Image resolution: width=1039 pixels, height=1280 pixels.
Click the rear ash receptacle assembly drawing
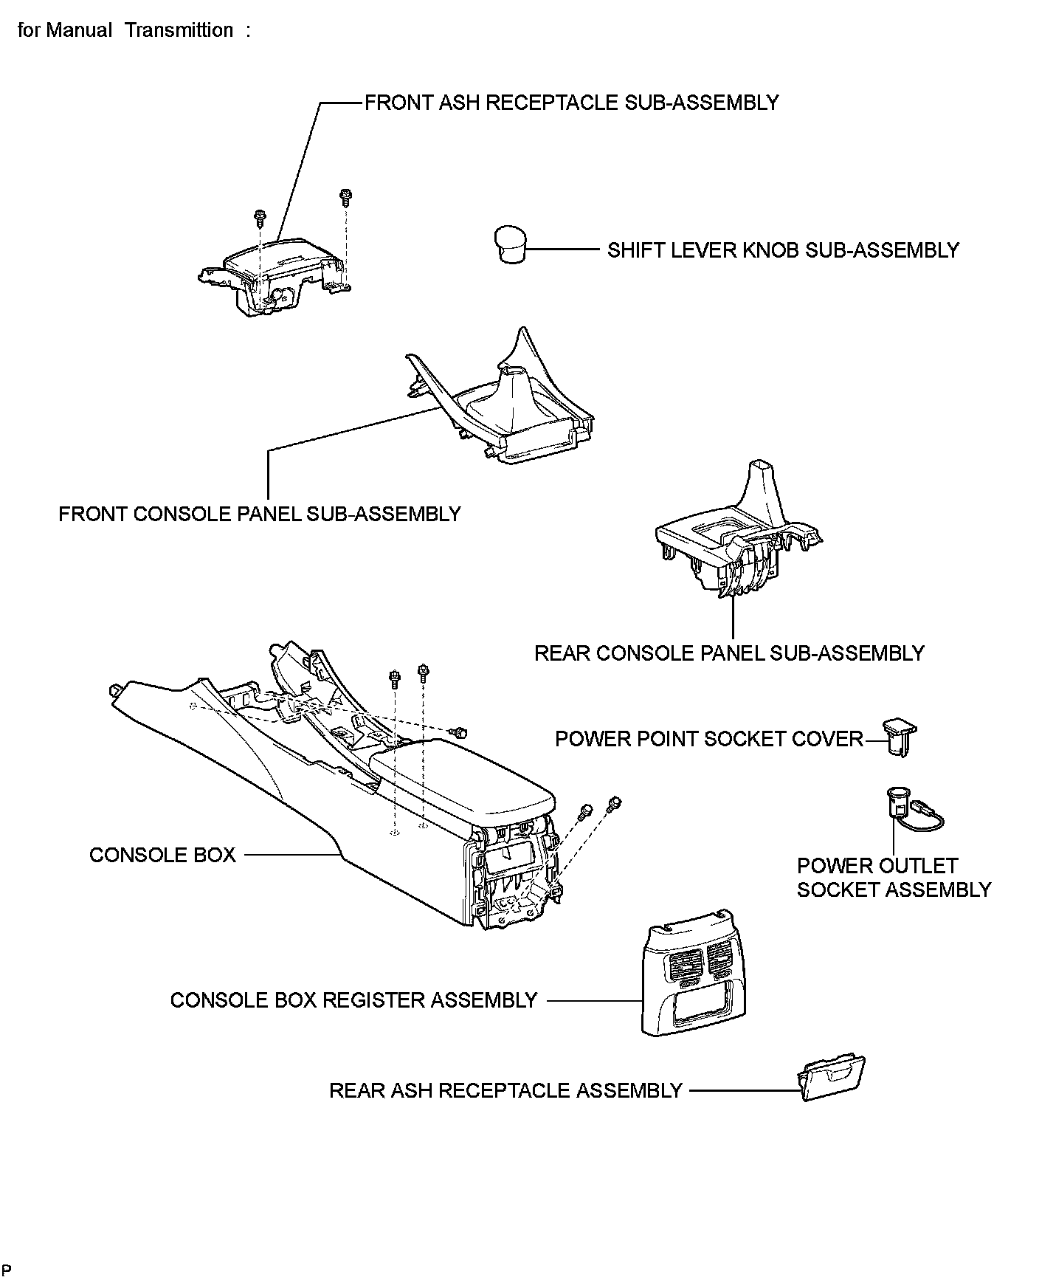tap(831, 1078)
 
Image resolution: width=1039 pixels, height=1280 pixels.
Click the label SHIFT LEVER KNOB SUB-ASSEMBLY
tap(783, 250)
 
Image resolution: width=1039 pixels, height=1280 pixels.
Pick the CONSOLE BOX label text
tap(162, 855)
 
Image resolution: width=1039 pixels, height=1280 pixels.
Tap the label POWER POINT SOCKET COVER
tap(708, 739)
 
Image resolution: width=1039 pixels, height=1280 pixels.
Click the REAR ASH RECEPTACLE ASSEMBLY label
tap(505, 1090)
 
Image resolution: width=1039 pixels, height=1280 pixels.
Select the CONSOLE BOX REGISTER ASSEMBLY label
tap(353, 1000)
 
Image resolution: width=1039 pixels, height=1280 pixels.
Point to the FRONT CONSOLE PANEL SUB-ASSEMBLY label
tap(260, 514)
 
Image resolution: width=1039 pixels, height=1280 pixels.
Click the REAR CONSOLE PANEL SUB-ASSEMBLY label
tap(729, 653)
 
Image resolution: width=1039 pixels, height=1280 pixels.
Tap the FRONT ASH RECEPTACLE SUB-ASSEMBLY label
tap(572, 103)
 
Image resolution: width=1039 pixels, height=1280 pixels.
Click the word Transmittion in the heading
tap(179, 30)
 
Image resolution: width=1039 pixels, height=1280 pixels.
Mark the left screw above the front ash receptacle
tap(259, 216)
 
